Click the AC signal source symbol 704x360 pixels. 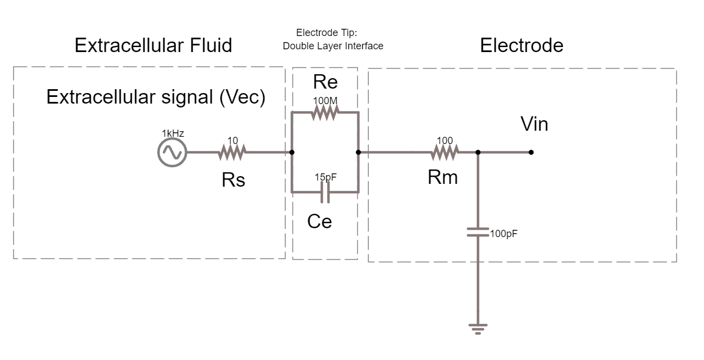(172, 152)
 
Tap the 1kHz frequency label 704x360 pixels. (173, 133)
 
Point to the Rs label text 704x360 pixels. (233, 179)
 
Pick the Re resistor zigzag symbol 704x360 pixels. (325, 112)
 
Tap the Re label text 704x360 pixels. (325, 82)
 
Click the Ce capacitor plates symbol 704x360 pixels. (325, 192)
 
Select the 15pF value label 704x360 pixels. (326, 177)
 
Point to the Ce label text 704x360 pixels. (320, 221)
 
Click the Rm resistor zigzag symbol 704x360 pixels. (445, 152)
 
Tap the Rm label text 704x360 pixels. (443, 177)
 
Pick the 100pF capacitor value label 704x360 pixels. (503, 234)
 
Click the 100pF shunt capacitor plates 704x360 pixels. (477, 232)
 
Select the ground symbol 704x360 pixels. (477, 328)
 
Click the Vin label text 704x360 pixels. (535, 124)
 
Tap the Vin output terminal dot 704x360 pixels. (531, 152)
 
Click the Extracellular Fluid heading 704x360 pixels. (153, 45)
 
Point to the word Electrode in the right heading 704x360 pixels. (521, 45)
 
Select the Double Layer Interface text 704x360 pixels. (333, 46)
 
